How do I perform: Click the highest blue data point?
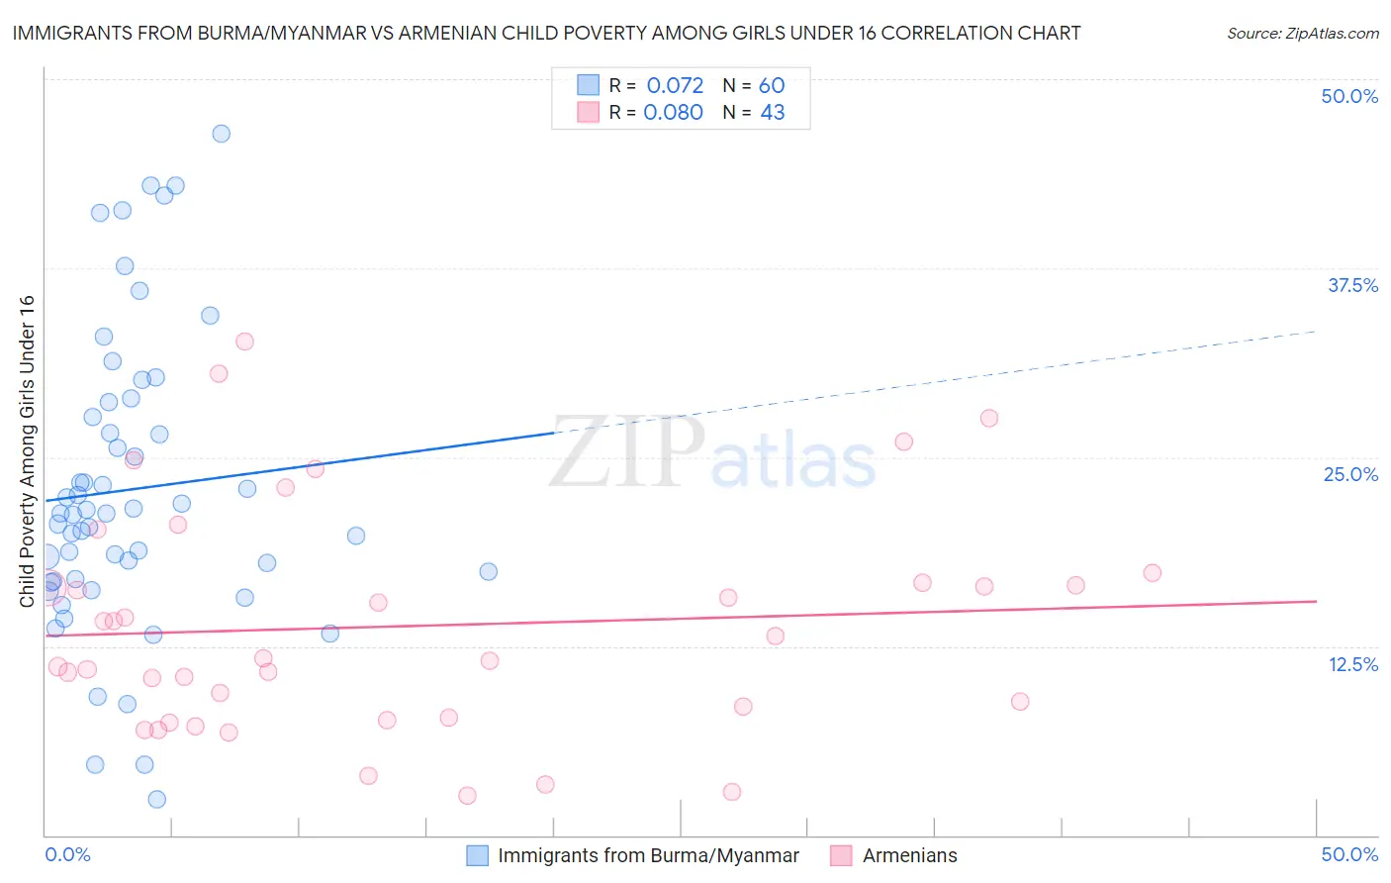tap(222, 134)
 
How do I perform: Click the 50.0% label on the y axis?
tap(1349, 96)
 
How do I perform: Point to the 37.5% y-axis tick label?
tap(1352, 285)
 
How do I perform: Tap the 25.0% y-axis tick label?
tap(1350, 474)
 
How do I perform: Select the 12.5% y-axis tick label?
tap(1352, 664)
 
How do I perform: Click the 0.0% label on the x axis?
tap(67, 854)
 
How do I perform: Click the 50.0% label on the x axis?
tap(1349, 854)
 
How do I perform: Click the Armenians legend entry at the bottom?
tap(909, 855)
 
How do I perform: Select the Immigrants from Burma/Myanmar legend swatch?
tap(478, 855)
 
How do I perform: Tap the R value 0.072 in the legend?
tap(675, 86)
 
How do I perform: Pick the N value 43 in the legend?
tap(772, 113)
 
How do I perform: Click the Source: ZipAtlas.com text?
tap(1302, 34)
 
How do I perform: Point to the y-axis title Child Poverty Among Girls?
tap(27, 450)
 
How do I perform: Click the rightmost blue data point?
tap(489, 571)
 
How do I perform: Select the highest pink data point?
tap(245, 342)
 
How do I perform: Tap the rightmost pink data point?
tap(1152, 572)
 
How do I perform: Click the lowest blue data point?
tap(156, 799)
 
